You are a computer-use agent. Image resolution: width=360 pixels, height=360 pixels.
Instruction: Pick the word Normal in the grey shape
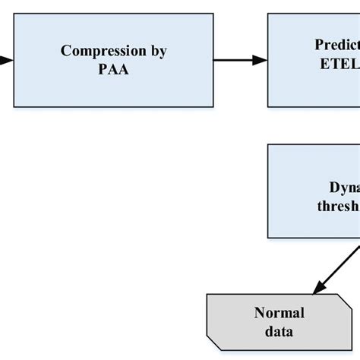[279, 313]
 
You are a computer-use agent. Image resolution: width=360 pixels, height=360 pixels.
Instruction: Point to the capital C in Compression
[65, 52]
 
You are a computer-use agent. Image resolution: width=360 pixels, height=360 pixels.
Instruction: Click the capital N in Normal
[258, 313]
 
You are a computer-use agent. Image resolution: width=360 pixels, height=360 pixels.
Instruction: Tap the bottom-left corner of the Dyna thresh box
[268, 238]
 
